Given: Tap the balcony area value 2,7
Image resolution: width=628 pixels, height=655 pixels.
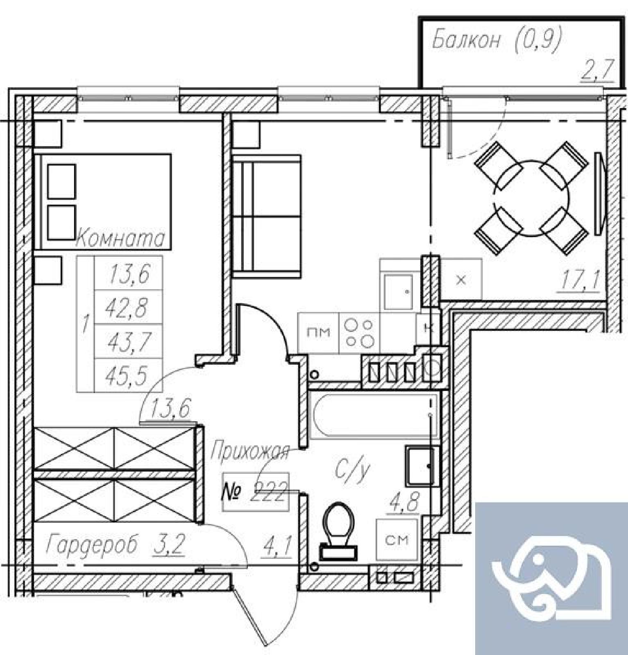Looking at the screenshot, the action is click(x=597, y=70).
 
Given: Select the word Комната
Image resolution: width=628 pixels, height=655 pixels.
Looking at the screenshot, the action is click(x=120, y=238).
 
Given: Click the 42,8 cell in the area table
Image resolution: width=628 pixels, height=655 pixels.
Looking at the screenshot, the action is click(x=128, y=307).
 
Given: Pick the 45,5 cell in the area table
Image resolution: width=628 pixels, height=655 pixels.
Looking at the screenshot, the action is click(x=128, y=375).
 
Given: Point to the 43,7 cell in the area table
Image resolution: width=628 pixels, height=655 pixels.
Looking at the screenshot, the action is click(x=128, y=341).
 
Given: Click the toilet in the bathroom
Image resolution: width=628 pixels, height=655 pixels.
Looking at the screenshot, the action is click(x=338, y=531).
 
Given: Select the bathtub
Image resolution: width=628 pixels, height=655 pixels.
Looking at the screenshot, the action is click(x=374, y=415).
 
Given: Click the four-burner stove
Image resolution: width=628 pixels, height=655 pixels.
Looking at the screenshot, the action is click(x=360, y=333).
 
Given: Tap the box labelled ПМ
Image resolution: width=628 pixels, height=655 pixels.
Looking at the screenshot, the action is click(x=318, y=333).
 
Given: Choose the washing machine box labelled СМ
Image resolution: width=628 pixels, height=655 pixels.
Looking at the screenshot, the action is click(x=397, y=540).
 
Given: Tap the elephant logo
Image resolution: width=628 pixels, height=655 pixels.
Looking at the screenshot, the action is click(x=551, y=578).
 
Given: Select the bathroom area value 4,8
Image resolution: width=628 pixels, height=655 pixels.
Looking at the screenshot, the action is click(x=403, y=501).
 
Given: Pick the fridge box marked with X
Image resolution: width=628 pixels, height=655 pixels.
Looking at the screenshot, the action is click(x=461, y=280).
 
